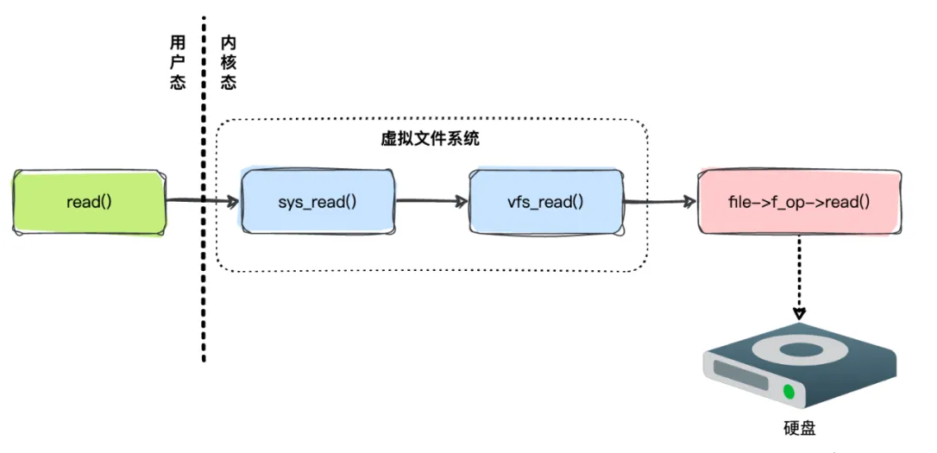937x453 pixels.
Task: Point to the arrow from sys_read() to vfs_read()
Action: pos(431,203)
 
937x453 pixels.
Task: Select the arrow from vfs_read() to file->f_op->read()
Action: pos(660,203)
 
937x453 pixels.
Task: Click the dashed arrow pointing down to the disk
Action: pos(799,276)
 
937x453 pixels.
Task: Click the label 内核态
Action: pos(228,63)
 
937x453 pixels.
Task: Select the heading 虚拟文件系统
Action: pos(430,139)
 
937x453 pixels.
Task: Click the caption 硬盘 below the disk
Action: pos(801,428)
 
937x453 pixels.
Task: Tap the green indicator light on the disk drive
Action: pos(788,392)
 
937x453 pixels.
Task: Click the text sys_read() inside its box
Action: pos(318,203)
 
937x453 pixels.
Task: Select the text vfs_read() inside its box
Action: pos(545,203)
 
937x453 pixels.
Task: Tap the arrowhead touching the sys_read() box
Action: pos(233,203)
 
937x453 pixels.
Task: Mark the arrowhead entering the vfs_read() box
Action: pos(462,203)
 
